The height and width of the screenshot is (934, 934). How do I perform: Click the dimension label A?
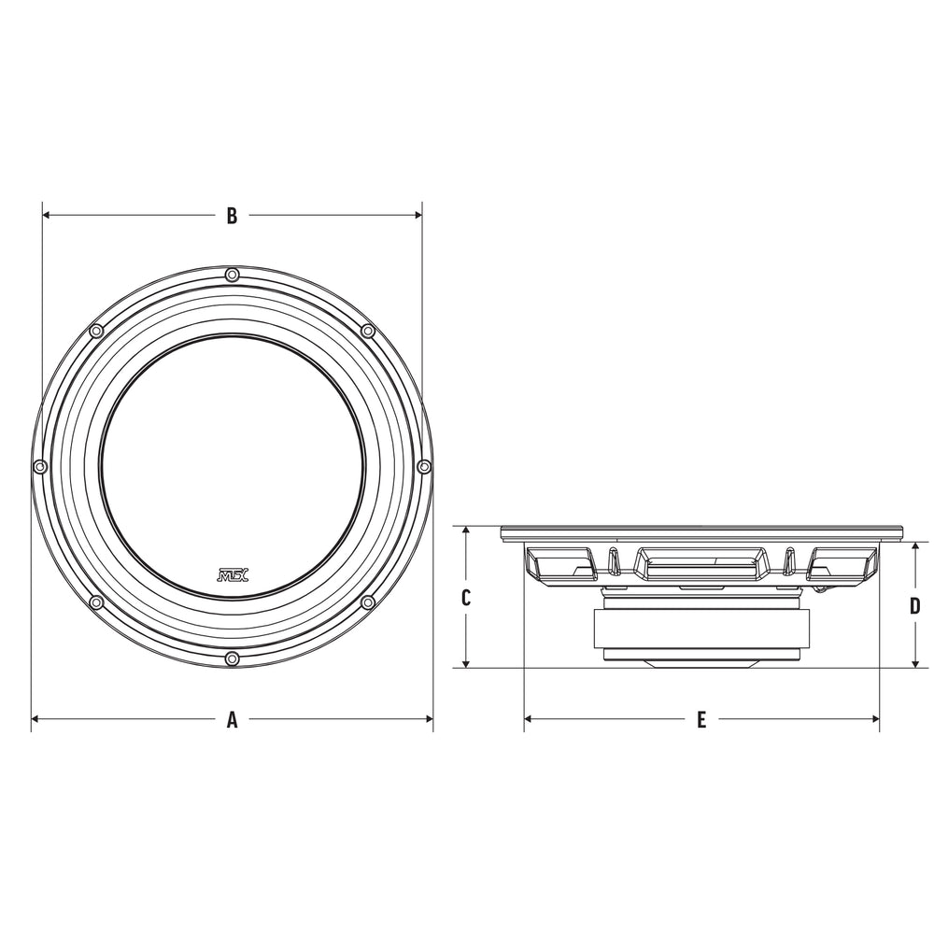233,719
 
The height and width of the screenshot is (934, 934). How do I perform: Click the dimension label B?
233,216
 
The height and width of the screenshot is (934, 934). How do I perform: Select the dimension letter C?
466,597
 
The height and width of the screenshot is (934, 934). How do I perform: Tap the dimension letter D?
915,606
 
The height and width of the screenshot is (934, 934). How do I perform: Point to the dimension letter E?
701,719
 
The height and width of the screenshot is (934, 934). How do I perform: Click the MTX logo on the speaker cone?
230,574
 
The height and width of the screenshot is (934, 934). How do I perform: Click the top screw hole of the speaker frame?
233,276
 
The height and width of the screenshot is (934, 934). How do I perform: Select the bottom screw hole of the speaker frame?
233,658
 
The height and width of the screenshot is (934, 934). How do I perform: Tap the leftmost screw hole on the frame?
40,466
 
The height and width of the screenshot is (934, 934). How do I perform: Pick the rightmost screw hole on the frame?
424,466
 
